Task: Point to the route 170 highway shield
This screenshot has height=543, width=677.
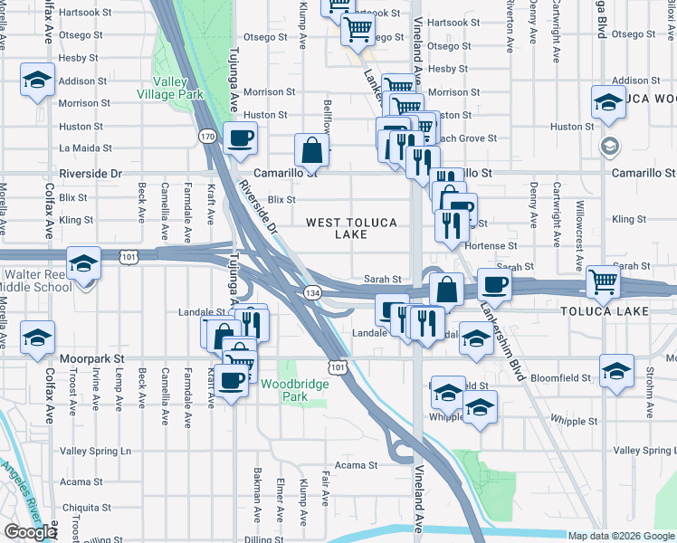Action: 207,136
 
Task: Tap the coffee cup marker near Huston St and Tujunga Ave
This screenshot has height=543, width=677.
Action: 240,138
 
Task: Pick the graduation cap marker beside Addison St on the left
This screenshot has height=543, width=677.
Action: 38,80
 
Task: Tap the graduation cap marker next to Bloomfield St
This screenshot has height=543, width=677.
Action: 616,372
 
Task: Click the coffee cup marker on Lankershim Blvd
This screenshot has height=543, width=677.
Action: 494,284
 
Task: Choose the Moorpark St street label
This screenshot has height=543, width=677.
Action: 91,358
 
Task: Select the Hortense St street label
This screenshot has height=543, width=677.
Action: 490,245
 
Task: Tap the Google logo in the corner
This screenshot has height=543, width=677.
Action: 30,532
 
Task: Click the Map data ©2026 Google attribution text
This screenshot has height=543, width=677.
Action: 619,536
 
